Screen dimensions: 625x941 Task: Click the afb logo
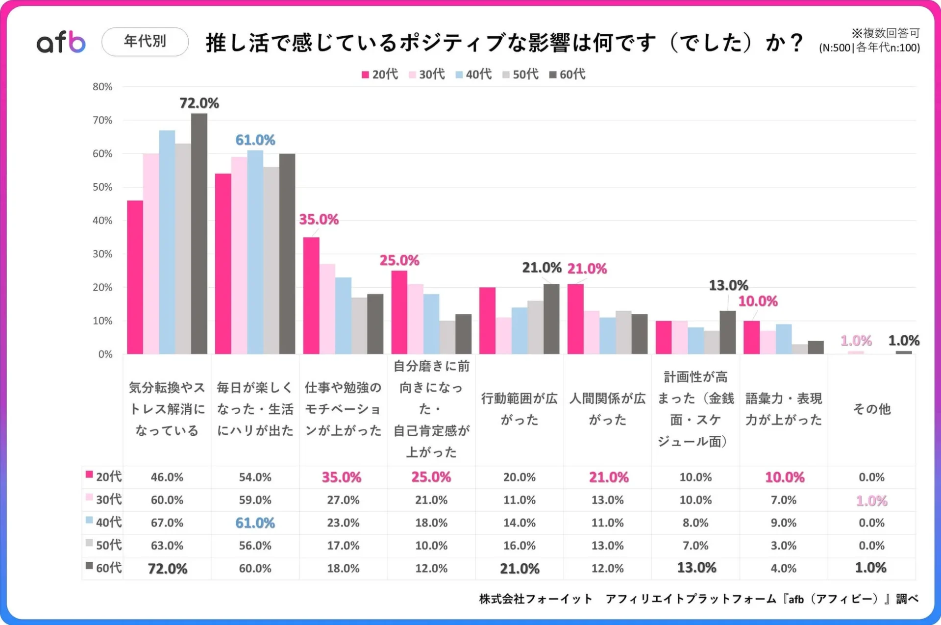tap(61, 42)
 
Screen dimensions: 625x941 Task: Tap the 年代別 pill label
tap(145, 41)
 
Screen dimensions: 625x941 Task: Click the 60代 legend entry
tap(568, 75)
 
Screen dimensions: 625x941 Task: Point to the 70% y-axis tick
tap(102, 120)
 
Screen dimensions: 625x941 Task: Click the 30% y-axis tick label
tap(102, 254)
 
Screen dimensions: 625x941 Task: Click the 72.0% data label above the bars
tap(199, 103)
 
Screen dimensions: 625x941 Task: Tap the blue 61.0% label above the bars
tap(255, 140)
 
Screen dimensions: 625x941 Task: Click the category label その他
tap(871, 409)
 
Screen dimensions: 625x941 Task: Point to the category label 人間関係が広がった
tap(607, 409)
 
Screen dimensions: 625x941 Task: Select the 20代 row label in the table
tap(103, 476)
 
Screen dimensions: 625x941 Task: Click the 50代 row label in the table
tap(103, 545)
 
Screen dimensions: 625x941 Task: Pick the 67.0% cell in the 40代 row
tap(167, 523)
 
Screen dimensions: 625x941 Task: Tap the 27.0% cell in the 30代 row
tap(343, 500)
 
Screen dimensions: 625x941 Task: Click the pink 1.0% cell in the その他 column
tap(871, 500)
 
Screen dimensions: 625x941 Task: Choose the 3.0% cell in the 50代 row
tap(783, 546)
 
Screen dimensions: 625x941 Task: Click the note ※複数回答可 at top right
tap(885, 33)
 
